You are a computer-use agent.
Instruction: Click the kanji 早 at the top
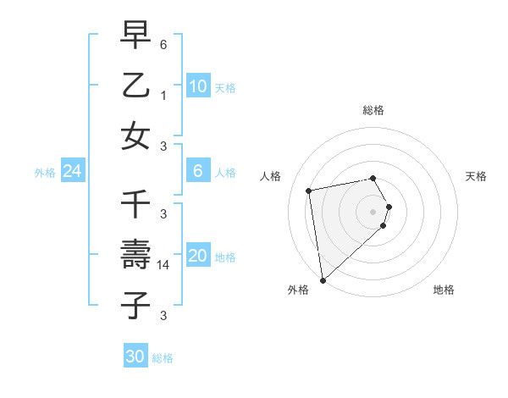pos(136,35)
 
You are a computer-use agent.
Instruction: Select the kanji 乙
pos(136,86)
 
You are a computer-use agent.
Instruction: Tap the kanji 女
pos(136,136)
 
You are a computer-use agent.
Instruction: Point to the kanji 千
pos(136,204)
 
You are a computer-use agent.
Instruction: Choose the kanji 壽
pos(136,255)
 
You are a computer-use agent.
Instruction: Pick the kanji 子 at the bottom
pos(136,306)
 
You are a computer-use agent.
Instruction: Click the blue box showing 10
pos(197,86)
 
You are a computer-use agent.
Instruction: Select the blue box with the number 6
pos(197,171)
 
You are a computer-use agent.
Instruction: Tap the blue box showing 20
pos(197,256)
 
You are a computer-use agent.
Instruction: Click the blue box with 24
pos(72,171)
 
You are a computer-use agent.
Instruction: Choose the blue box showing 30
pos(135,357)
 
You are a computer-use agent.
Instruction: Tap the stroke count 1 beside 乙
pos(163,96)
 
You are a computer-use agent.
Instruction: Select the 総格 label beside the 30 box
pos(163,358)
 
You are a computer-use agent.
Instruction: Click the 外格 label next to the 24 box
pos(45,173)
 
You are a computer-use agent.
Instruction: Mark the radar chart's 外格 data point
pos(323,279)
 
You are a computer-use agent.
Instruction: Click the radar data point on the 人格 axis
pos(309,191)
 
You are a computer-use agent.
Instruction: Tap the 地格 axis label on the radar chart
pos(444,290)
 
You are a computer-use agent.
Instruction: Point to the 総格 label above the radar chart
pos(373,110)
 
